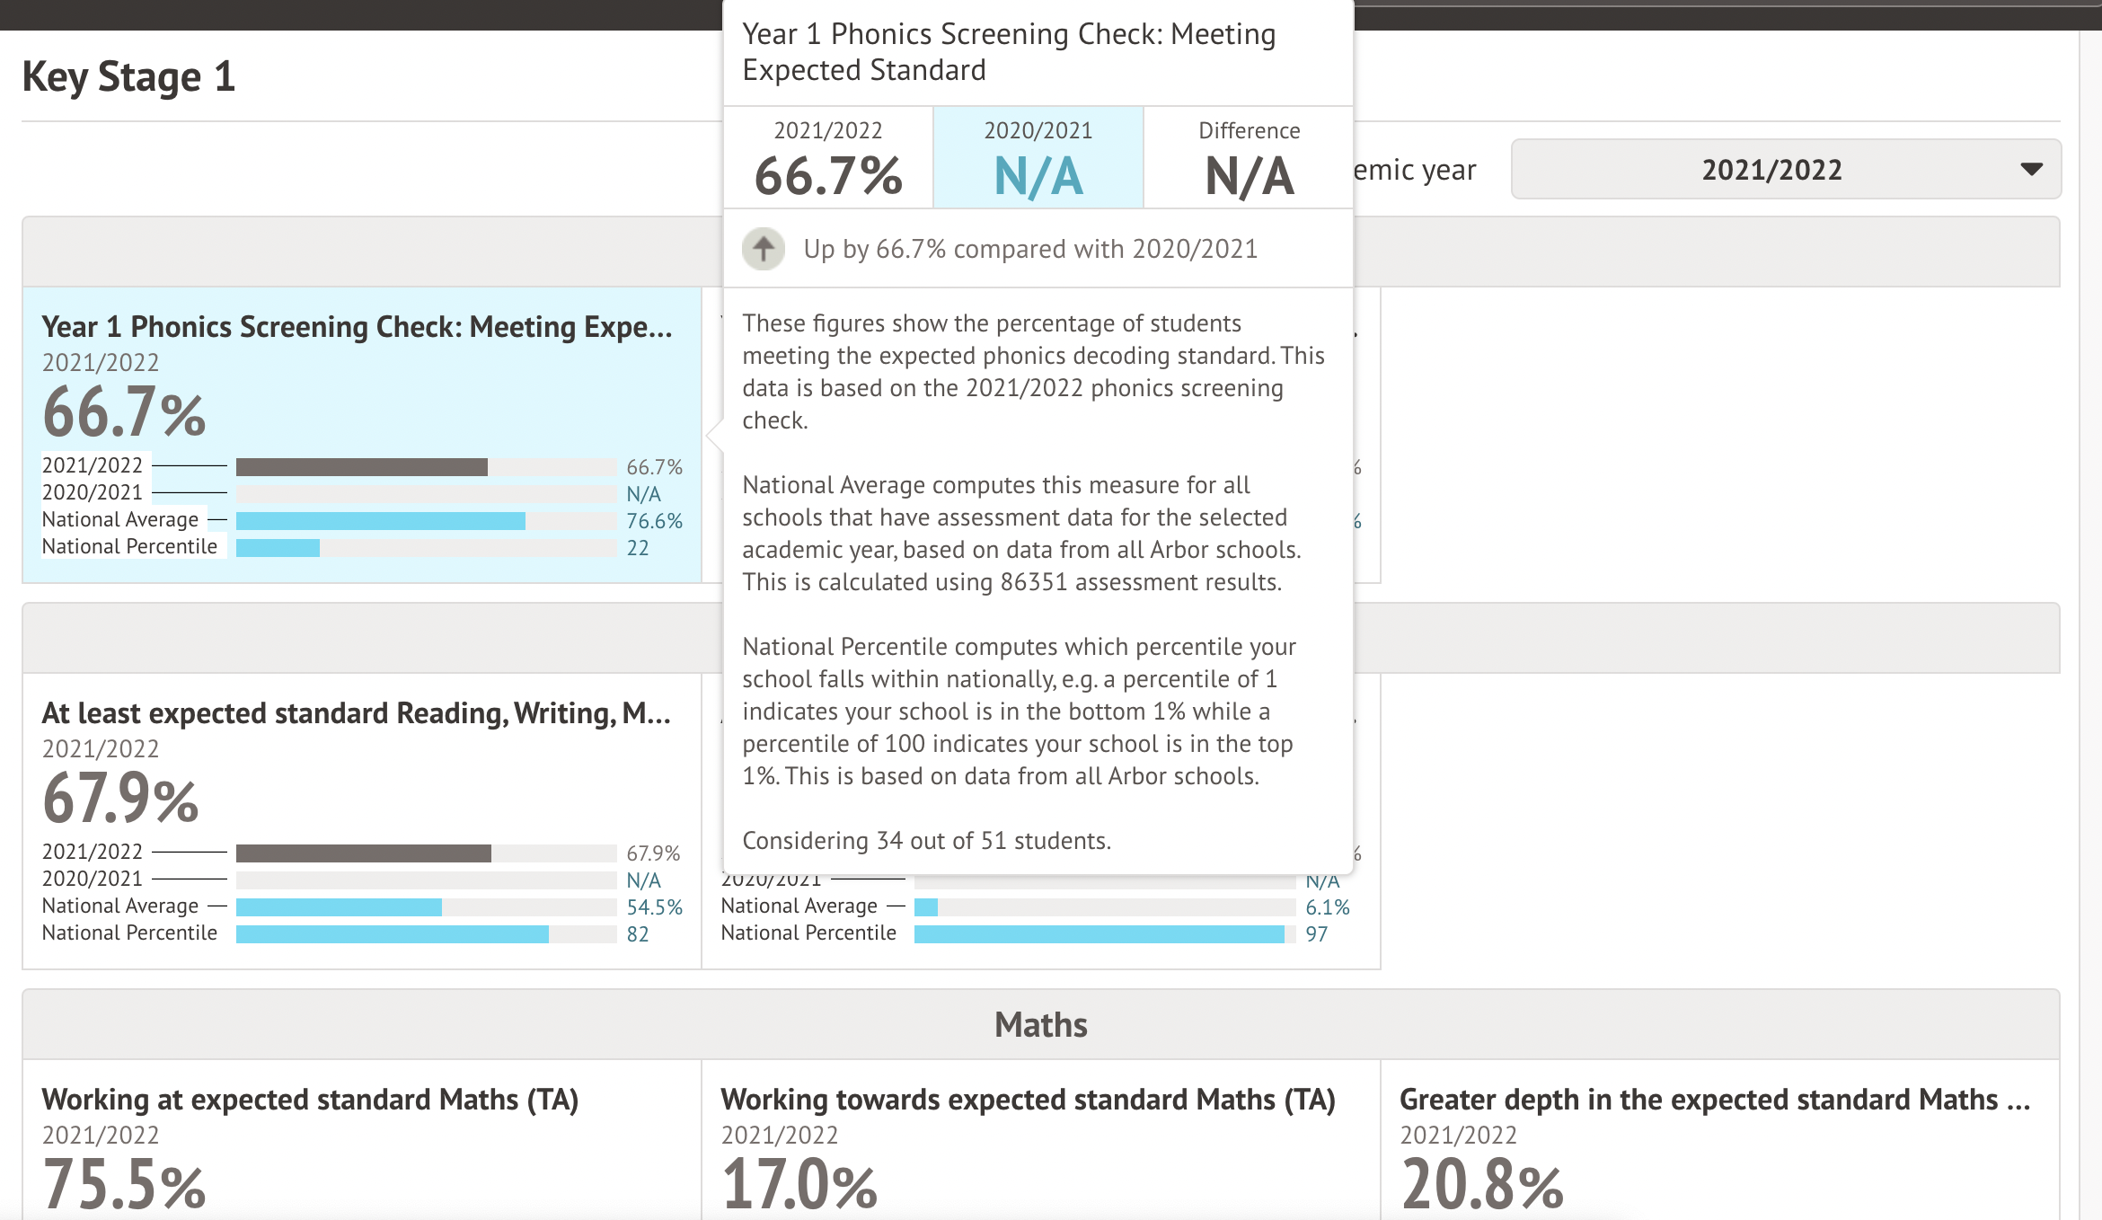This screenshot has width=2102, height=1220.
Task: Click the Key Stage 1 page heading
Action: click(128, 76)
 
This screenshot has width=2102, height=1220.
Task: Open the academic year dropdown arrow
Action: click(2031, 169)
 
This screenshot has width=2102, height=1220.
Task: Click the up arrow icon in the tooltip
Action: click(764, 249)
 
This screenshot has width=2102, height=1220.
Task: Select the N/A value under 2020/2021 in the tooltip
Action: click(1038, 176)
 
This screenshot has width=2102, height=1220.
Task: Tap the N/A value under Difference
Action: click(1249, 176)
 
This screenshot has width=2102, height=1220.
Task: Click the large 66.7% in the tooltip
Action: click(827, 176)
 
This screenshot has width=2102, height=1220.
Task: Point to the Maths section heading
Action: click(1040, 1025)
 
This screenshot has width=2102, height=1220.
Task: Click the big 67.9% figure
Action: click(120, 799)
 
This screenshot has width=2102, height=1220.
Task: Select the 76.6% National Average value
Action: click(654, 521)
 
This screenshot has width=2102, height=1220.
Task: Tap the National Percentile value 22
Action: click(638, 548)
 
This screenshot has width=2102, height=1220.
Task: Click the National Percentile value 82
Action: click(638, 934)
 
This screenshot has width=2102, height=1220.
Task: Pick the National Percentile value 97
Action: click(1317, 934)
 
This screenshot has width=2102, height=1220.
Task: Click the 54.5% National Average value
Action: click(654, 907)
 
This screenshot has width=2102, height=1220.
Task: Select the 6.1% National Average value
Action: click(1328, 907)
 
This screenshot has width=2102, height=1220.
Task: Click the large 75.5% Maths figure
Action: click(124, 1184)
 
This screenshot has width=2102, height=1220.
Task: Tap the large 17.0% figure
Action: click(799, 1184)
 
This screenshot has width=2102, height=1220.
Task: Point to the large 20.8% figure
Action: click(1482, 1184)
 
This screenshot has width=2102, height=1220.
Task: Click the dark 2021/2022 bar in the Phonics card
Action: click(361, 467)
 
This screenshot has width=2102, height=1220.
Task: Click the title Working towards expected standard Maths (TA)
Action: click(1028, 1100)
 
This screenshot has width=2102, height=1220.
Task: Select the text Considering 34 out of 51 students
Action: click(926, 841)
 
